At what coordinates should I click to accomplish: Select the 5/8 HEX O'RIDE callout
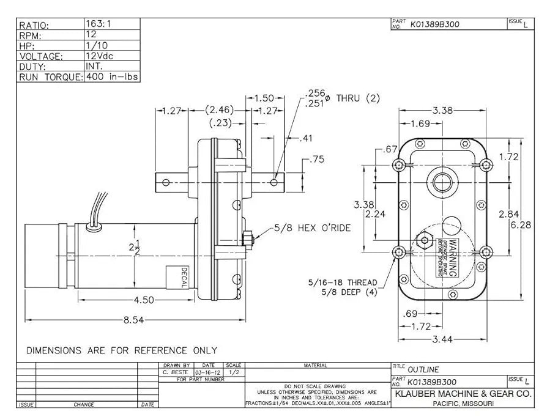point(312,227)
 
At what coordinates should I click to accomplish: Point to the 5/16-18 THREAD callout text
point(343,282)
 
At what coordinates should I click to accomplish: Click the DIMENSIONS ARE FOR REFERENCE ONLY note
point(121,350)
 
